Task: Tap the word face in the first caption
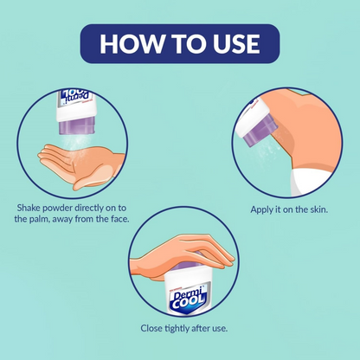(119, 219)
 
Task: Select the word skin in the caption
(318, 209)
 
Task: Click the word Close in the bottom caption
(151, 328)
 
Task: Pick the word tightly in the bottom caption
(178, 329)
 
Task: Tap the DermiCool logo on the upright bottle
(188, 299)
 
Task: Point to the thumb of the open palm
(92, 179)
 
